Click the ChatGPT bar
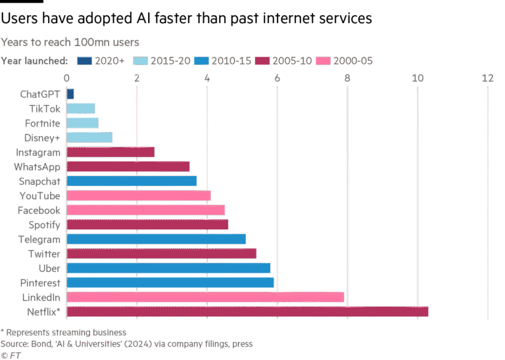[x=70, y=94]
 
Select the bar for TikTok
[x=81, y=108]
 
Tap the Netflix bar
[x=247, y=311]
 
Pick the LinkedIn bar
[x=205, y=297]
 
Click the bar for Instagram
[x=110, y=152]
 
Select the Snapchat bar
[x=132, y=181]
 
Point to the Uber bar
[x=168, y=268]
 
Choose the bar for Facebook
[x=145, y=210]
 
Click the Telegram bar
[x=156, y=239]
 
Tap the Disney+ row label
[x=45, y=137]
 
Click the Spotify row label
[x=45, y=225]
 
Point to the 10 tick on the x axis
[x=417, y=79]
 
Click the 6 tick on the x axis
[x=277, y=79]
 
